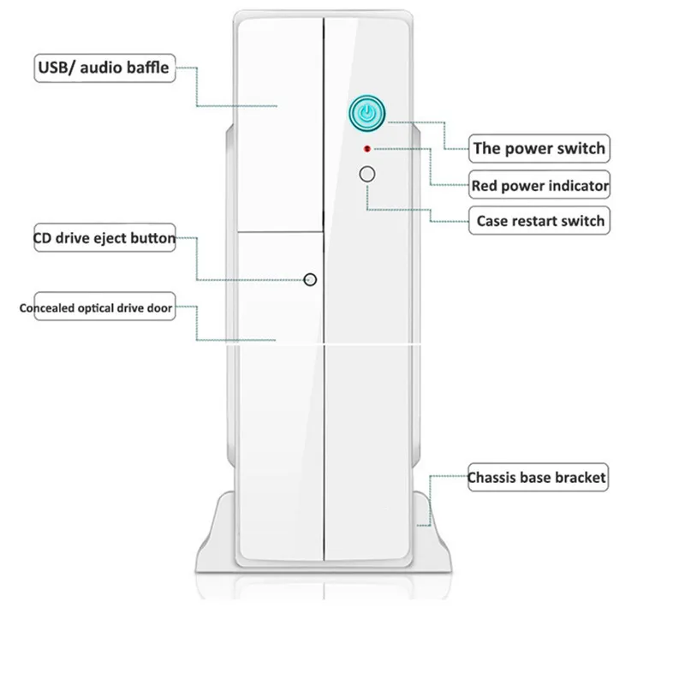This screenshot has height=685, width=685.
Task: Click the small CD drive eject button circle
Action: (x=311, y=279)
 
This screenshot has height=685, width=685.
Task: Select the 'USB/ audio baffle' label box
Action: (x=104, y=68)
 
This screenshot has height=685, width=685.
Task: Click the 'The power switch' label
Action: (x=539, y=147)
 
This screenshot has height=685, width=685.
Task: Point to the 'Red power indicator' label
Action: (x=540, y=184)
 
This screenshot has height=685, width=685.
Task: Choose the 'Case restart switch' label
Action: (x=539, y=221)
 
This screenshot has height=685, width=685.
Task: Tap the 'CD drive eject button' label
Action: (x=104, y=238)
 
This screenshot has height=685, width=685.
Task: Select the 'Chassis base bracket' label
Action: (x=537, y=477)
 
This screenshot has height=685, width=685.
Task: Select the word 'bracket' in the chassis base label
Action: (x=581, y=477)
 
